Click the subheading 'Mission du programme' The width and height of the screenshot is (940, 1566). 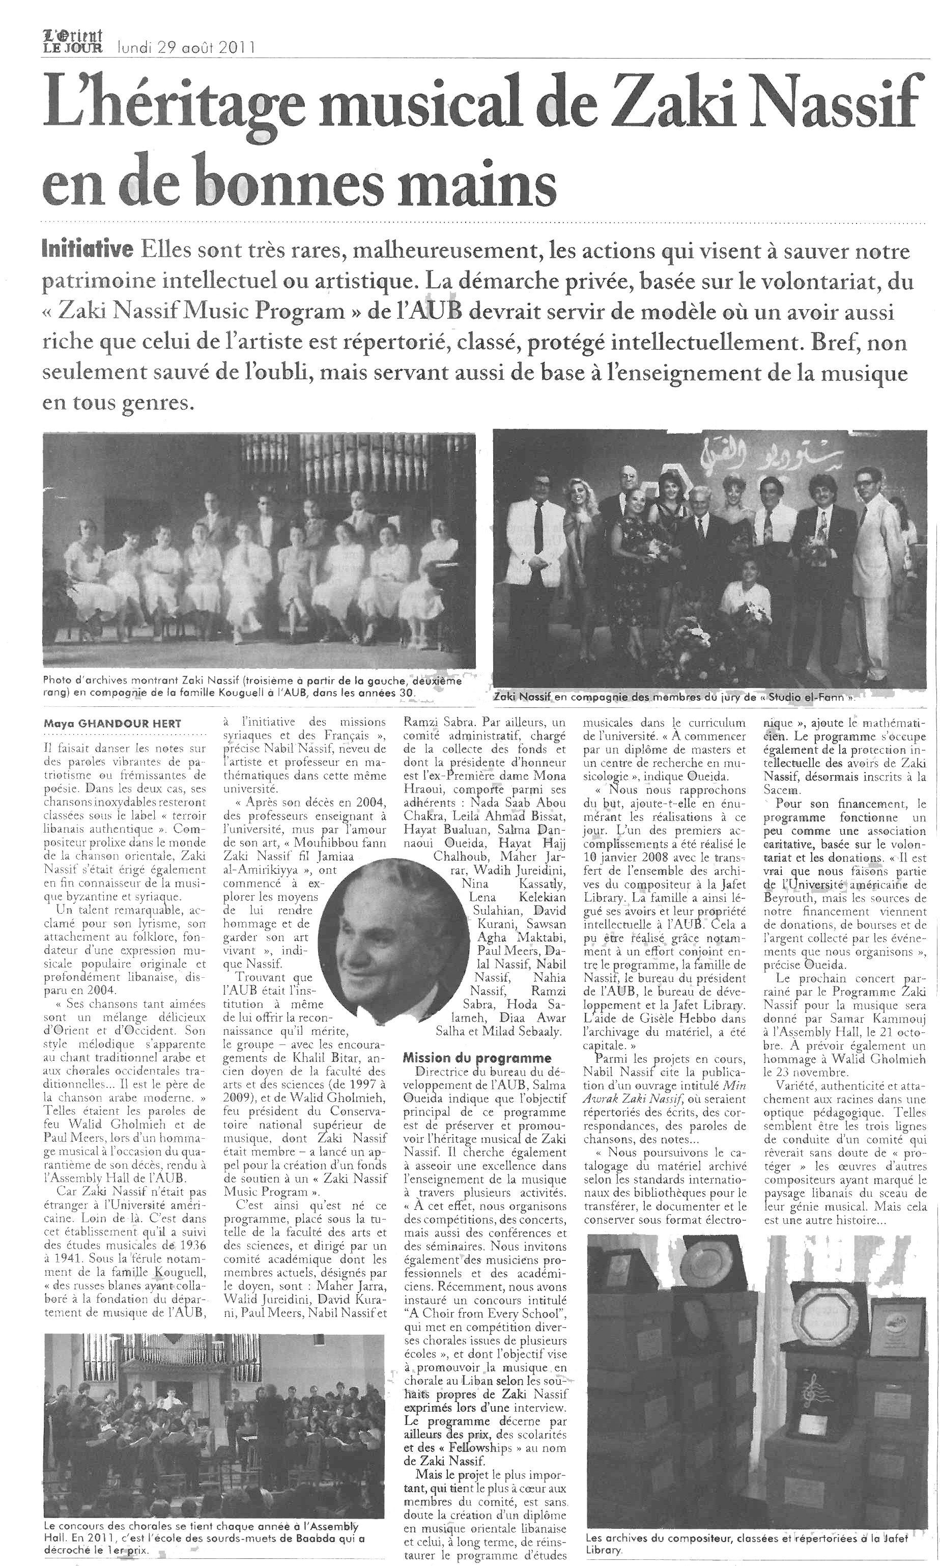[x=477, y=1058]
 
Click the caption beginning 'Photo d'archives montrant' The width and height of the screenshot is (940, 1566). [x=252, y=686]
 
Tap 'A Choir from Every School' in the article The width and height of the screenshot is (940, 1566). [x=485, y=1312]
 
